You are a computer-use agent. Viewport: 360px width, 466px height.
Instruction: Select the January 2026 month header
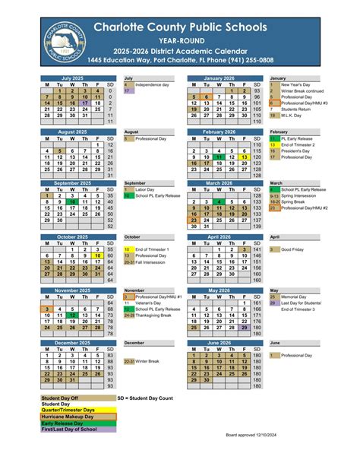point(219,78)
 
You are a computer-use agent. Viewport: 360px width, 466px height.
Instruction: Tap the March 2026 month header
point(219,183)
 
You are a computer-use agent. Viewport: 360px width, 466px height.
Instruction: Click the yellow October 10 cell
point(98,255)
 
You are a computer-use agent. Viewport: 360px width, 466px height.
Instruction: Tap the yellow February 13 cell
point(244,157)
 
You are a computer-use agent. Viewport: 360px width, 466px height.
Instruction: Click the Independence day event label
point(152,84)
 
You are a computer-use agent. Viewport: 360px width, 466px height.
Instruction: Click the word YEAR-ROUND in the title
point(180,40)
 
